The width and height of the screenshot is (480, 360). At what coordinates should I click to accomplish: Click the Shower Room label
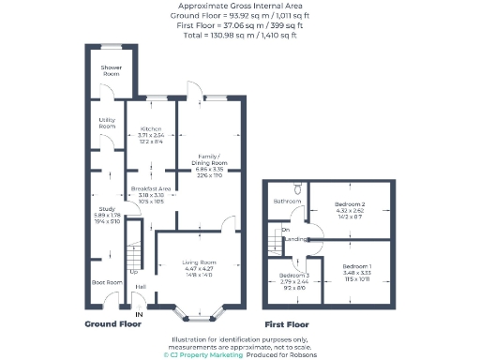pyautogui.click(x=112, y=70)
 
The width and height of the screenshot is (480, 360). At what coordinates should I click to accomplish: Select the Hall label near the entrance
pyautogui.click(x=141, y=287)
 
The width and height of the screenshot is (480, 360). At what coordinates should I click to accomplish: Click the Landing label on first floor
pyautogui.click(x=296, y=239)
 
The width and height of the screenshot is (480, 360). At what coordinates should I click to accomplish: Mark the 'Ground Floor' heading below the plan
pyautogui.click(x=113, y=323)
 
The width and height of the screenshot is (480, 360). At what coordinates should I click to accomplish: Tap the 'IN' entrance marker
pyautogui.click(x=139, y=314)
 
